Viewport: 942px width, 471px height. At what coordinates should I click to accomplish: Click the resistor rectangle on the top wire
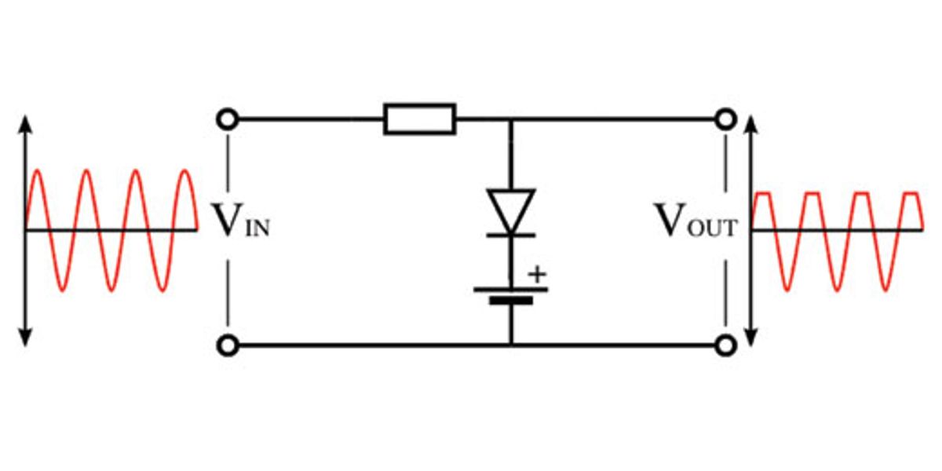tap(420, 119)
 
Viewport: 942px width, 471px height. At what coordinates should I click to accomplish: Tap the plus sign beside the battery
tap(536, 275)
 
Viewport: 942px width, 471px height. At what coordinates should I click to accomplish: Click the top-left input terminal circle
tap(227, 119)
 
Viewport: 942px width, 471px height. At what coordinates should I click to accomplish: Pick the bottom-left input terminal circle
tap(227, 345)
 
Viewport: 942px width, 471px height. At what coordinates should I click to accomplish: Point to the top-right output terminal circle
tap(725, 119)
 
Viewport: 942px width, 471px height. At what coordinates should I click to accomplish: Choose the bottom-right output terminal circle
tap(725, 345)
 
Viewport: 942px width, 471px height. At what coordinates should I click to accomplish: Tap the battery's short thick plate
tap(511, 301)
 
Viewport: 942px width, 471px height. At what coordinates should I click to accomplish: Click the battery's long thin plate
tap(511, 288)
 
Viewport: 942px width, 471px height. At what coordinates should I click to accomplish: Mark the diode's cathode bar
tap(511, 234)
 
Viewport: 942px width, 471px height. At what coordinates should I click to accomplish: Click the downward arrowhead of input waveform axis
tap(25, 338)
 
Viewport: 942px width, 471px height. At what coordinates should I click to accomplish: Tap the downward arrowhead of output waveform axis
tap(752, 340)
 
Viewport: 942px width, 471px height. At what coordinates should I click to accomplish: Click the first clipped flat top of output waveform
tap(764, 192)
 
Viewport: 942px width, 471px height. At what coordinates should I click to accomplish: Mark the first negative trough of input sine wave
tap(63, 291)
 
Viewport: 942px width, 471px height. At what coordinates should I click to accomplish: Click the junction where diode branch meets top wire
tap(511, 119)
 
